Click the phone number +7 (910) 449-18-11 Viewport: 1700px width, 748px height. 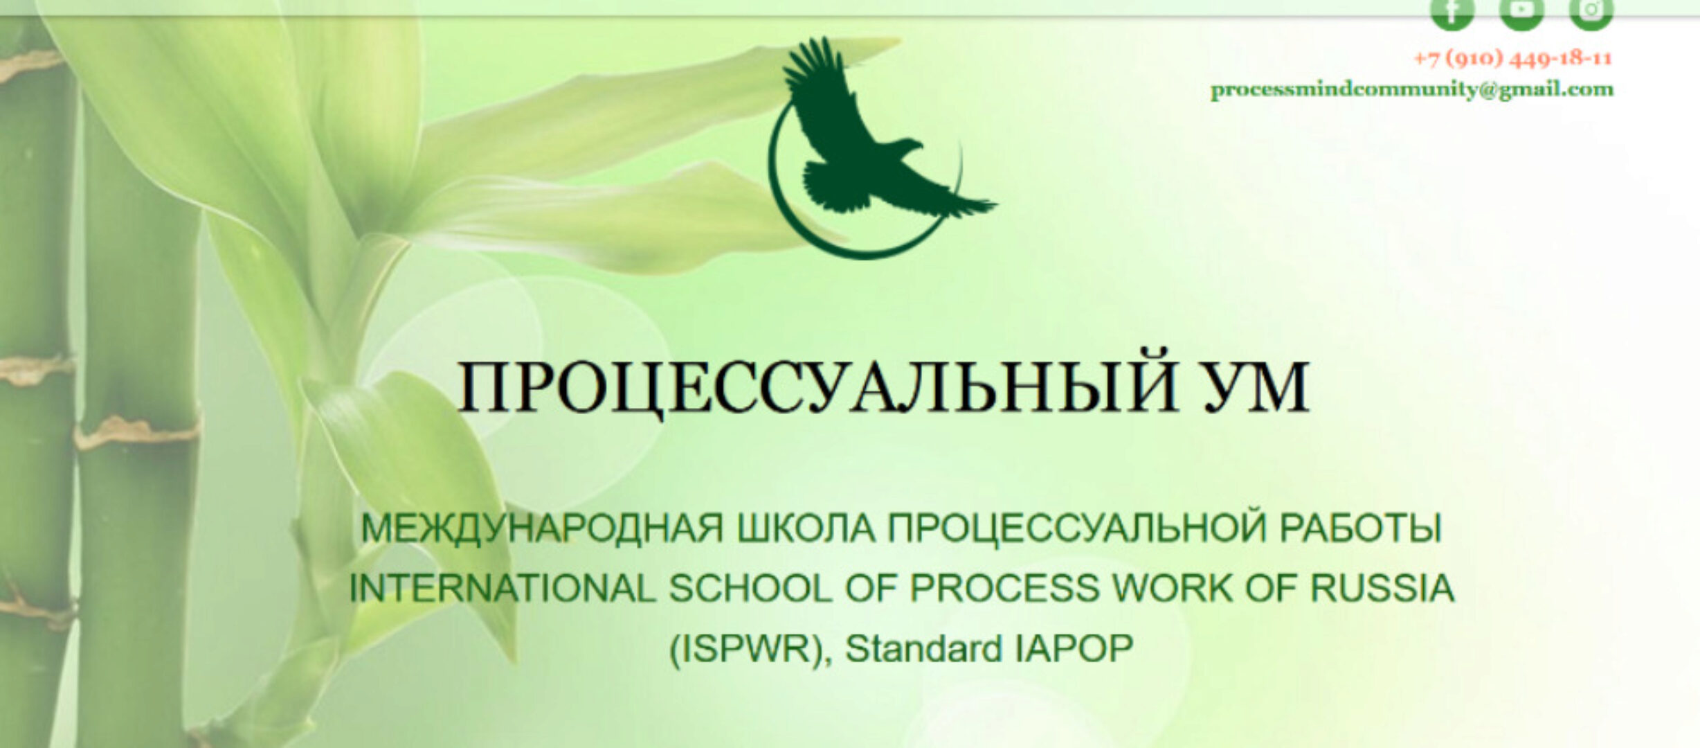pyautogui.click(x=1512, y=58)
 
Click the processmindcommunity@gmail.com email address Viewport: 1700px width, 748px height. pyautogui.click(x=1411, y=90)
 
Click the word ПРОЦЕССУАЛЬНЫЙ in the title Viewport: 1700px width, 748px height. pyautogui.click(x=817, y=386)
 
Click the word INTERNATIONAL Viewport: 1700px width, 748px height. pyautogui.click(x=502, y=589)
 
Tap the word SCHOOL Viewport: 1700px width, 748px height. pyautogui.click(x=750, y=589)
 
